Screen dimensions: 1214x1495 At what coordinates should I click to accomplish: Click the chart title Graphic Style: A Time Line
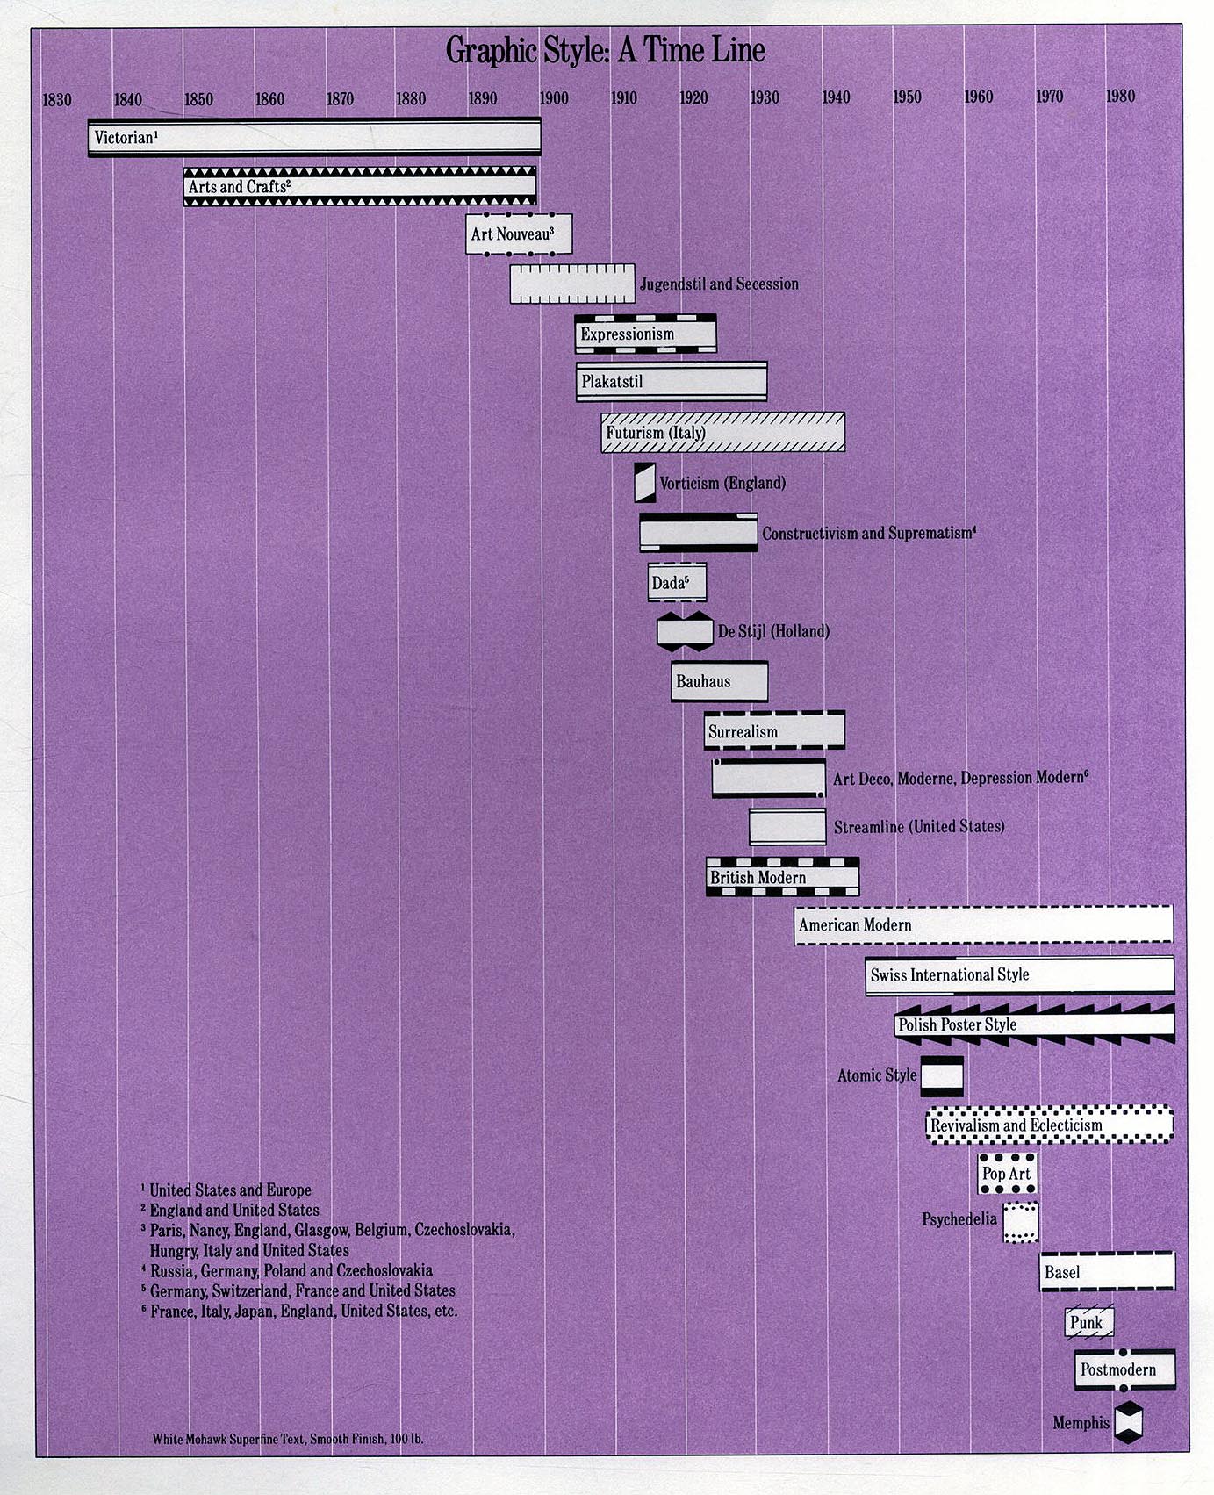(605, 51)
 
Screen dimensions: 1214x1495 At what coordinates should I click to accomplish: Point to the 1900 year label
(553, 98)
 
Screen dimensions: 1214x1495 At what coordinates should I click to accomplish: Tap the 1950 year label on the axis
(907, 97)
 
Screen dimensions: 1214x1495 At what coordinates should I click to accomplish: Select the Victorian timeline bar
(314, 137)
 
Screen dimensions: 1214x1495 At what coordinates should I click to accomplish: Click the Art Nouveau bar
(519, 234)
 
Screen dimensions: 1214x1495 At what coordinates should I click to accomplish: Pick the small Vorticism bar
(645, 483)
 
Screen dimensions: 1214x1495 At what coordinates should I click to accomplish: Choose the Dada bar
(677, 583)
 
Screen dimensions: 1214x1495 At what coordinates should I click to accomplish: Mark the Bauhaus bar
(719, 681)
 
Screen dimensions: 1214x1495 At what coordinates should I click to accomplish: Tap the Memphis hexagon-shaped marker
(1129, 1423)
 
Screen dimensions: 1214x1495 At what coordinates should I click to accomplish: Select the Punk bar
(1089, 1323)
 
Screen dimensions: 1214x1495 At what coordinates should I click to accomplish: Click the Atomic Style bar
(942, 1075)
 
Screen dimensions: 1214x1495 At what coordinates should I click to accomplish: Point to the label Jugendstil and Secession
(719, 284)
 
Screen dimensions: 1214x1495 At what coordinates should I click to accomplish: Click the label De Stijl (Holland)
(773, 631)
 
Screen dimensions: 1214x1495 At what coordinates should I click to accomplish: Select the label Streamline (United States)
(919, 827)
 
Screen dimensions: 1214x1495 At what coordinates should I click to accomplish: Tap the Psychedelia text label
(959, 1219)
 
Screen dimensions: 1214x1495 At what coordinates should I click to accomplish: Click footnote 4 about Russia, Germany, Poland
(287, 1270)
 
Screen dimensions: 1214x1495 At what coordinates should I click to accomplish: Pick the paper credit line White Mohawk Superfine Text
(288, 1439)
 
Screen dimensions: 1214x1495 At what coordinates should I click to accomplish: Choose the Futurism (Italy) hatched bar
(723, 433)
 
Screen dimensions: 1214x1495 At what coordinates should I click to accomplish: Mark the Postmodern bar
(1124, 1369)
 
